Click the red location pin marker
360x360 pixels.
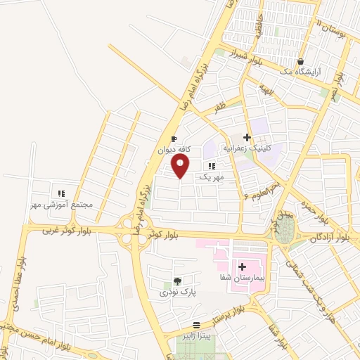[181, 166]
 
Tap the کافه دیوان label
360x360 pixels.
[174, 149]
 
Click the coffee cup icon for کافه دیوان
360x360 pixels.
[174, 139]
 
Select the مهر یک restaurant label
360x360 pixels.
[211, 176]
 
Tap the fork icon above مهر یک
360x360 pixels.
[211, 166]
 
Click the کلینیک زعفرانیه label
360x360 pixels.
[247, 148]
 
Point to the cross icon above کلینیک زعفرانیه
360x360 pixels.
[247, 138]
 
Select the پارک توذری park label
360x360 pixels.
[176, 290]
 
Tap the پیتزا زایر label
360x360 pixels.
[196, 336]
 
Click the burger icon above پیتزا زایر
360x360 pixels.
[196, 326]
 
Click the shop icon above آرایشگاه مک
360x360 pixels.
[301, 61]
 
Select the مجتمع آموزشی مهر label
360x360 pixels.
[61, 204]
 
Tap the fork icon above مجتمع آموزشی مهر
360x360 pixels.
[61, 193]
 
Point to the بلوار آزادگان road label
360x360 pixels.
[330, 239]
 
